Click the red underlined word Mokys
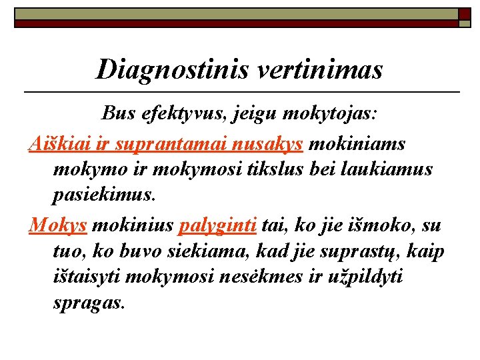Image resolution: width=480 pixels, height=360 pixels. [x=57, y=225]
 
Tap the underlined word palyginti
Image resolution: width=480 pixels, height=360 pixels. [x=218, y=225]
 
